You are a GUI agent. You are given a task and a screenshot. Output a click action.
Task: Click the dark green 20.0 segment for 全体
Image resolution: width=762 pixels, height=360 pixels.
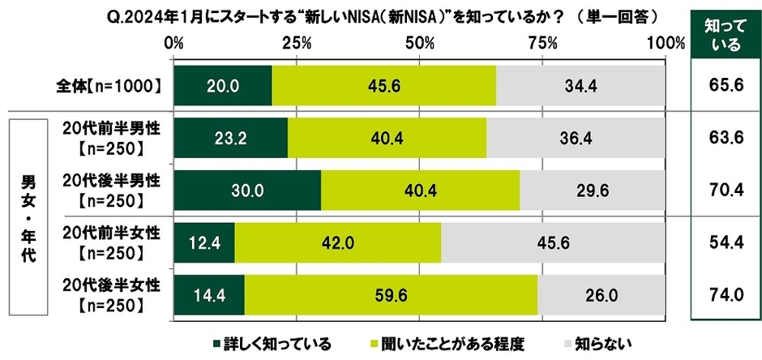222,84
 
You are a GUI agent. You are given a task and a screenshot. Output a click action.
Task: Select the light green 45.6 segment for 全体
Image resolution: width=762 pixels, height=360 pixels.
383,84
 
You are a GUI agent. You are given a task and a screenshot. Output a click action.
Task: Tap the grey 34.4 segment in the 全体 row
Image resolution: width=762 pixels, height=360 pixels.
580,84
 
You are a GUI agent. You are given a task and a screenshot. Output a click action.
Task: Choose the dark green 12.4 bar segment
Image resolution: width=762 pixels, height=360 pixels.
203,243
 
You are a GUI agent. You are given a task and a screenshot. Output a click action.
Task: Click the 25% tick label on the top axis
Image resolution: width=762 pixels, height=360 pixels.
297,42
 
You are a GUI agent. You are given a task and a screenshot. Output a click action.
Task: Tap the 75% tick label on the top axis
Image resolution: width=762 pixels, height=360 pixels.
543,42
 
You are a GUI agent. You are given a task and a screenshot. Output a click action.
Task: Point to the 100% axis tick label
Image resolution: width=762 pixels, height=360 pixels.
666,42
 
